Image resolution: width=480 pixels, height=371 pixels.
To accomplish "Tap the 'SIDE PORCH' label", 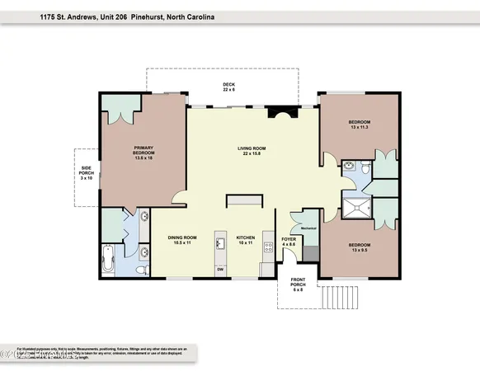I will pyautogui.click(x=86, y=174).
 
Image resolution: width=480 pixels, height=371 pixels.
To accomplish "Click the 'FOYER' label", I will pyautogui.click(x=289, y=240).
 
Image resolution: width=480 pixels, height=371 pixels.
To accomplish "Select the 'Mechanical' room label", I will pyautogui.click(x=308, y=228).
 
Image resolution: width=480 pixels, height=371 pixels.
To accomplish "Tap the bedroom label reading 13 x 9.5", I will pyautogui.click(x=359, y=247).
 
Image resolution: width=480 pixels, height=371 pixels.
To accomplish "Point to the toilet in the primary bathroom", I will pyautogui.click(x=141, y=269).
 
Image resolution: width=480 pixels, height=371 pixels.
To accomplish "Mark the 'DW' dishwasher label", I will pyautogui.click(x=220, y=270).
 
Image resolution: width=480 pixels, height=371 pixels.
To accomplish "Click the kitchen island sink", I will pyautogui.click(x=220, y=242).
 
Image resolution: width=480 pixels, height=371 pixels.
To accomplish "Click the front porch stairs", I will pyautogui.click(x=335, y=294).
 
